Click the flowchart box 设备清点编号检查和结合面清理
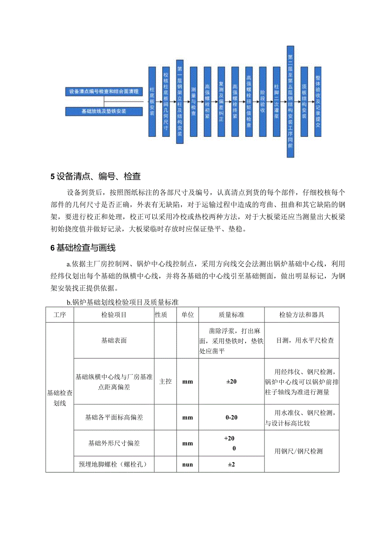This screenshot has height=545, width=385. pyautogui.click(x=105, y=91)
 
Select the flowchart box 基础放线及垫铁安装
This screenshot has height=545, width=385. pyautogui.click(x=105, y=111)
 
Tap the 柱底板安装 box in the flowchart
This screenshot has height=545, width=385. pyautogui.click(x=152, y=101)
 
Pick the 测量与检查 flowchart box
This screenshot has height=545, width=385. pyautogui.click(x=193, y=101)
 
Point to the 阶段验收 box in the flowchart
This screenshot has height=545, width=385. pyautogui.click(x=262, y=101)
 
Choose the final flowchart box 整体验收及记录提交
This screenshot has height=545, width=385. pyautogui.click(x=318, y=101)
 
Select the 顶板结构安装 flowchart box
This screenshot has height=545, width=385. pyautogui.click(x=304, y=101)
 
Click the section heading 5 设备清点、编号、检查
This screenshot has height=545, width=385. pyautogui.click(x=95, y=176)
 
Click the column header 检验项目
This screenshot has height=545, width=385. pyautogui.click(x=114, y=315)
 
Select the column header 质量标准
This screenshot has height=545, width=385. pyautogui.click(x=231, y=315)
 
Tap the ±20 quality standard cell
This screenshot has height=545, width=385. pyautogui.click(x=231, y=382)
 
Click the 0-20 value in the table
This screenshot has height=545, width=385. pyautogui.click(x=231, y=417)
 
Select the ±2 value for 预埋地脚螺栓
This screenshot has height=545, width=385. pyautogui.click(x=231, y=464)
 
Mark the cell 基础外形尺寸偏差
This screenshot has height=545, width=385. pyautogui.click(x=114, y=443)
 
